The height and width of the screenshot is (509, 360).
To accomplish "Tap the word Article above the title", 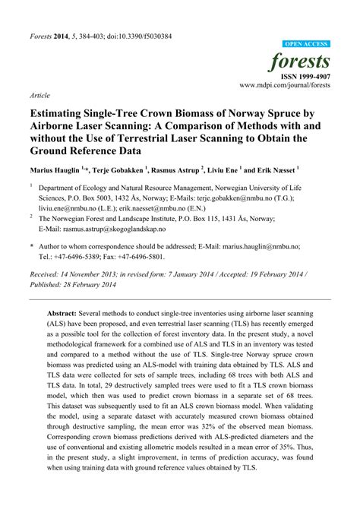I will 40,97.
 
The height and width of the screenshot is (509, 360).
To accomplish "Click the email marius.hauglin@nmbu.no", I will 264,247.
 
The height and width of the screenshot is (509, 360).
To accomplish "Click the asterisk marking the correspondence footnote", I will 31,247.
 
